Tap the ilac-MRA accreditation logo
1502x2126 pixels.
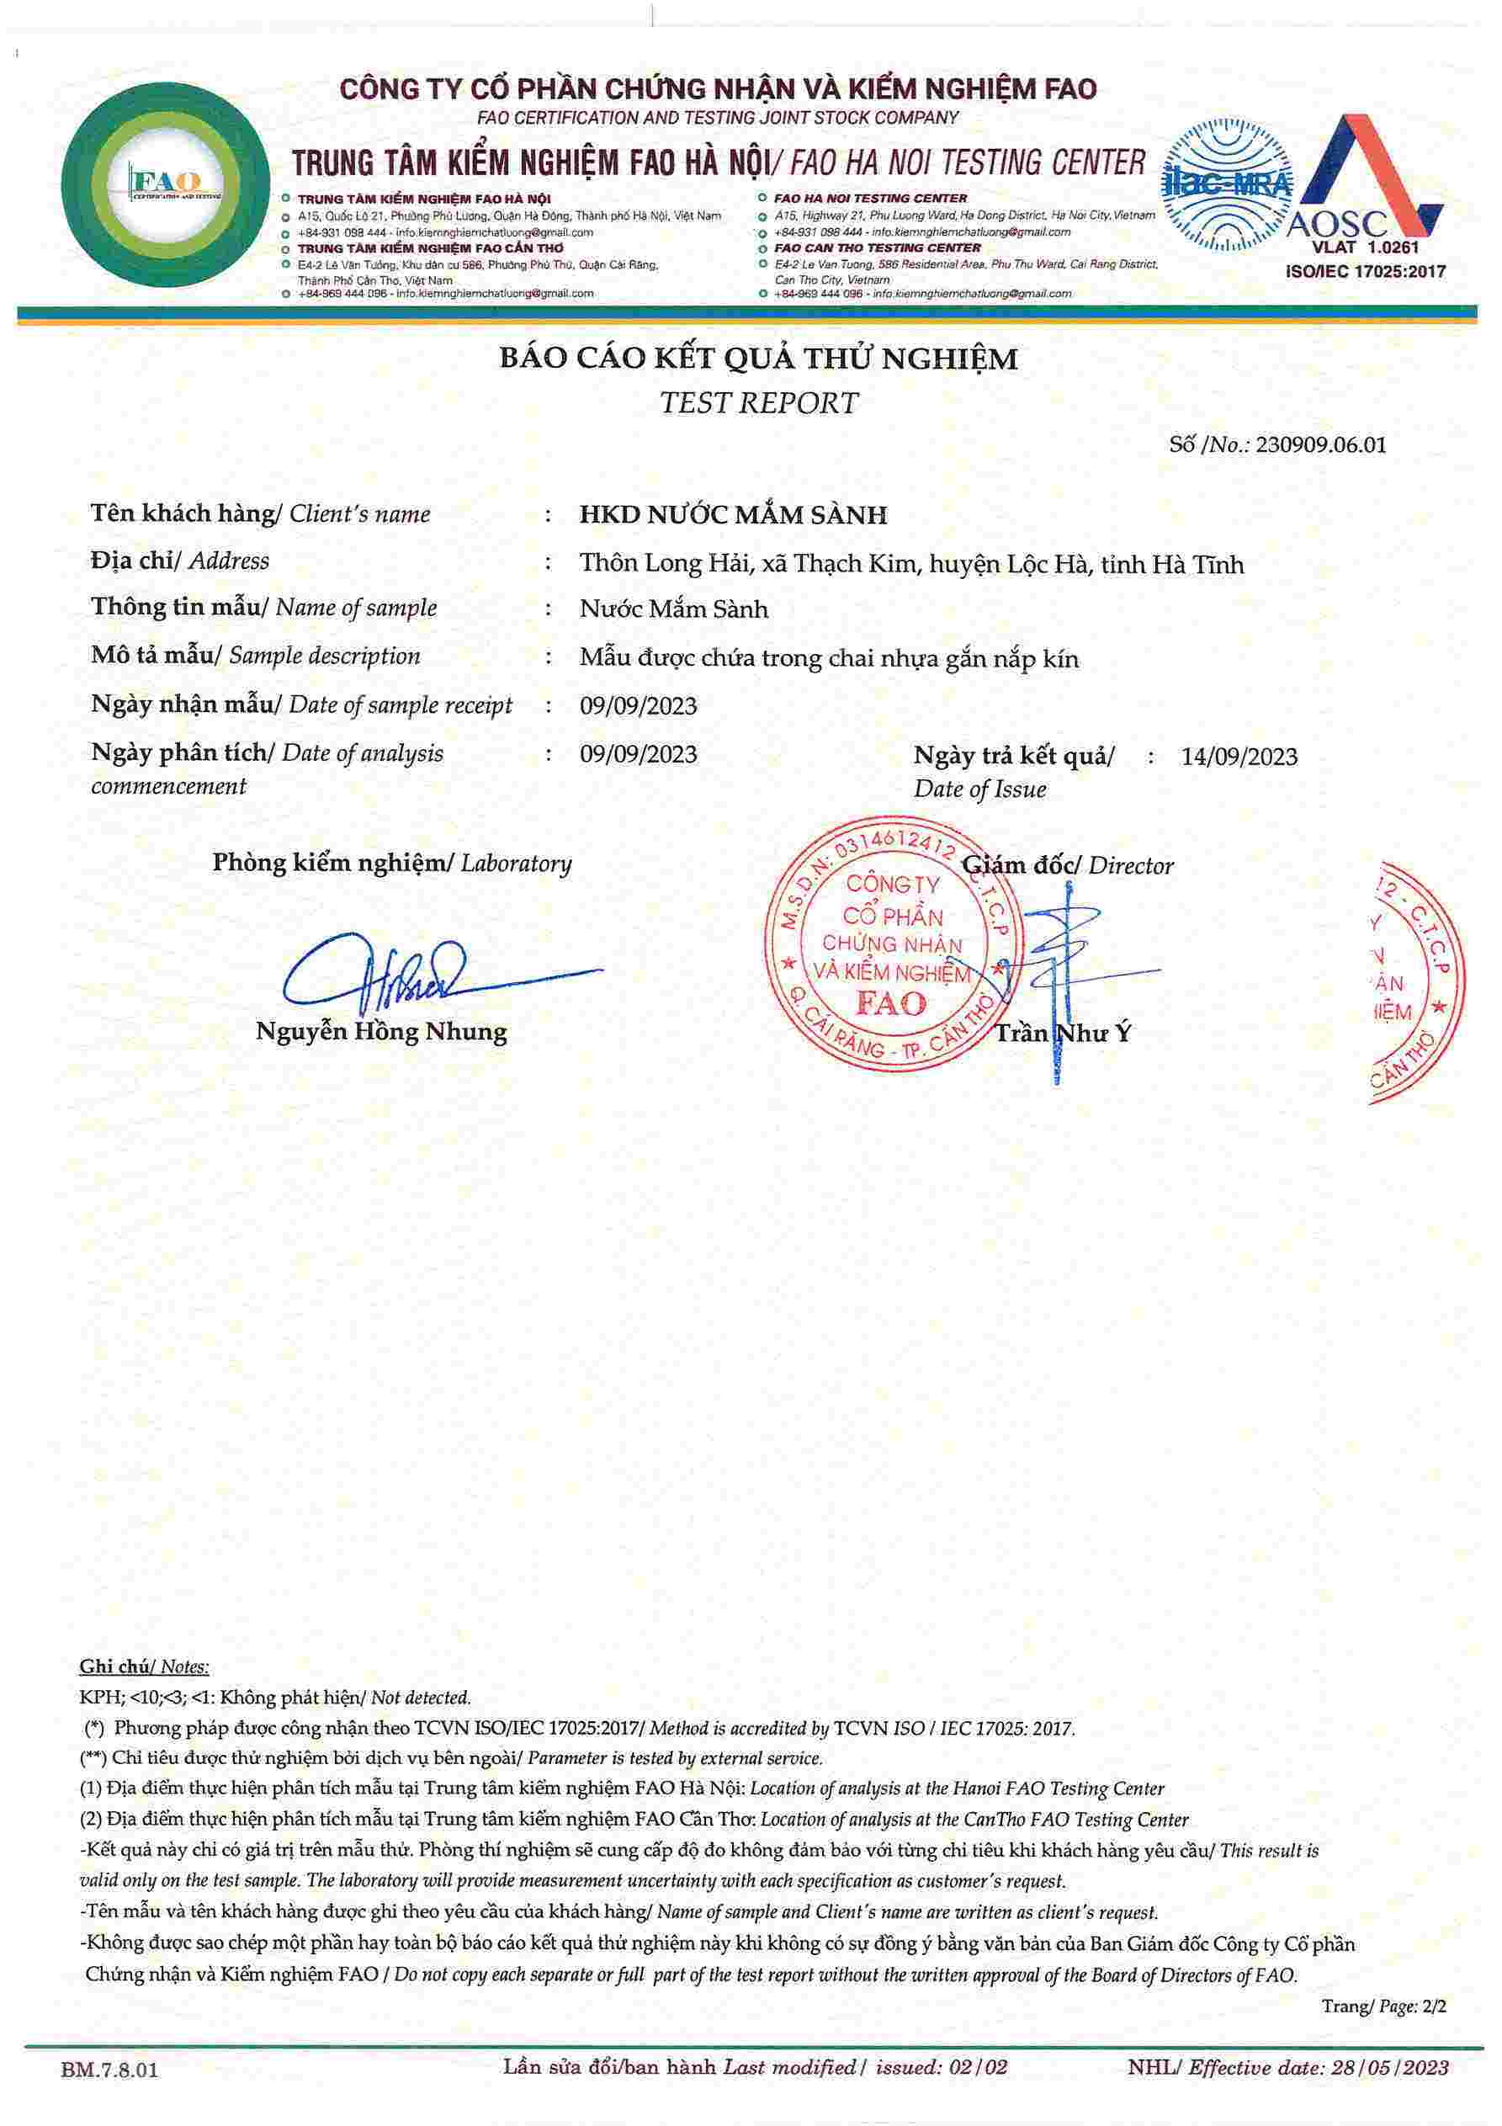(x=1226, y=185)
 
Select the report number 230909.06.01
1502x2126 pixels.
(x=1320, y=444)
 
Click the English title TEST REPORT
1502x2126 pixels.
(x=758, y=403)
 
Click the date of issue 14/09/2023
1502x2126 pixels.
(x=1239, y=757)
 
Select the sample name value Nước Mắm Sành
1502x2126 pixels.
(x=673, y=609)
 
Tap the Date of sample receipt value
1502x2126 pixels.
(x=638, y=706)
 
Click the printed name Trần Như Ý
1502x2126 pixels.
(x=1062, y=1034)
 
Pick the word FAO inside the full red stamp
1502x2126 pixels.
(x=890, y=1002)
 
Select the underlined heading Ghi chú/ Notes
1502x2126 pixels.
(x=144, y=1667)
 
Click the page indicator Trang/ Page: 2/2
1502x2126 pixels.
(x=1383, y=2006)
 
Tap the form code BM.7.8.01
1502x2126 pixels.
(x=109, y=2070)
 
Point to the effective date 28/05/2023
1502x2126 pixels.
(x=1389, y=2068)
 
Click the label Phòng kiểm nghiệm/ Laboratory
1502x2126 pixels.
(x=392, y=863)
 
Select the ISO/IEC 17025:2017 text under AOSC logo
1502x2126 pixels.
(x=1365, y=271)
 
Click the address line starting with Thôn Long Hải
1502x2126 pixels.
(x=911, y=564)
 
